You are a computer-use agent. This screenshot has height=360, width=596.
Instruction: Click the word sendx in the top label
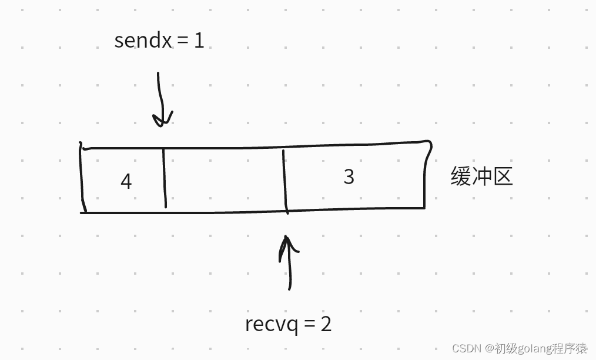[x=143, y=41]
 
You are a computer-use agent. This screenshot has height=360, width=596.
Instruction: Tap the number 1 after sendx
[x=199, y=41]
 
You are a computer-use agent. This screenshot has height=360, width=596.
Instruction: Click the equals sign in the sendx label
[x=182, y=41]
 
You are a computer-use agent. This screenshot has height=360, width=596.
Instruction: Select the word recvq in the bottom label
[x=272, y=324]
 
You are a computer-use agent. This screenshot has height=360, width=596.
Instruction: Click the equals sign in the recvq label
[x=310, y=324]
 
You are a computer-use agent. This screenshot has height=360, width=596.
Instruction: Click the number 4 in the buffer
[x=126, y=181]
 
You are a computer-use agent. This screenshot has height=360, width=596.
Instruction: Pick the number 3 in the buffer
[x=349, y=176]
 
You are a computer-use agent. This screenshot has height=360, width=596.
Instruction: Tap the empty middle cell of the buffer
[x=224, y=179]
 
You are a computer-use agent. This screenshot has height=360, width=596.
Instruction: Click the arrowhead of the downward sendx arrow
[x=162, y=119]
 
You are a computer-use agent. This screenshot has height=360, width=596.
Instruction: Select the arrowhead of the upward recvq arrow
[x=287, y=242]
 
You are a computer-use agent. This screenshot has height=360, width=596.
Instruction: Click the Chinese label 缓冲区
[x=481, y=176]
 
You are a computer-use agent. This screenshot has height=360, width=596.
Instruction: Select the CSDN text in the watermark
[x=467, y=348]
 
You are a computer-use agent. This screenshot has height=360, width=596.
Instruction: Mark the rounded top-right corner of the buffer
[x=429, y=144]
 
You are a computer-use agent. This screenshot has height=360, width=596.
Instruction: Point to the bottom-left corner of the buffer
[x=83, y=211]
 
